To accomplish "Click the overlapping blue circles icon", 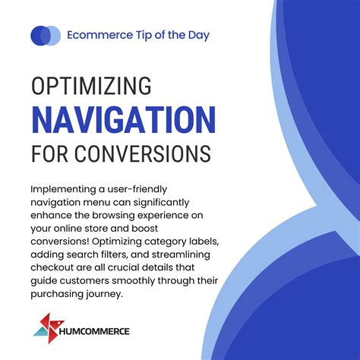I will [45, 35].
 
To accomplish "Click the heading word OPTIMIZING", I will [91, 86].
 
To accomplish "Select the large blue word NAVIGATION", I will [124, 120].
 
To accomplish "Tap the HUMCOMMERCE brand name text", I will [96, 331].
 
